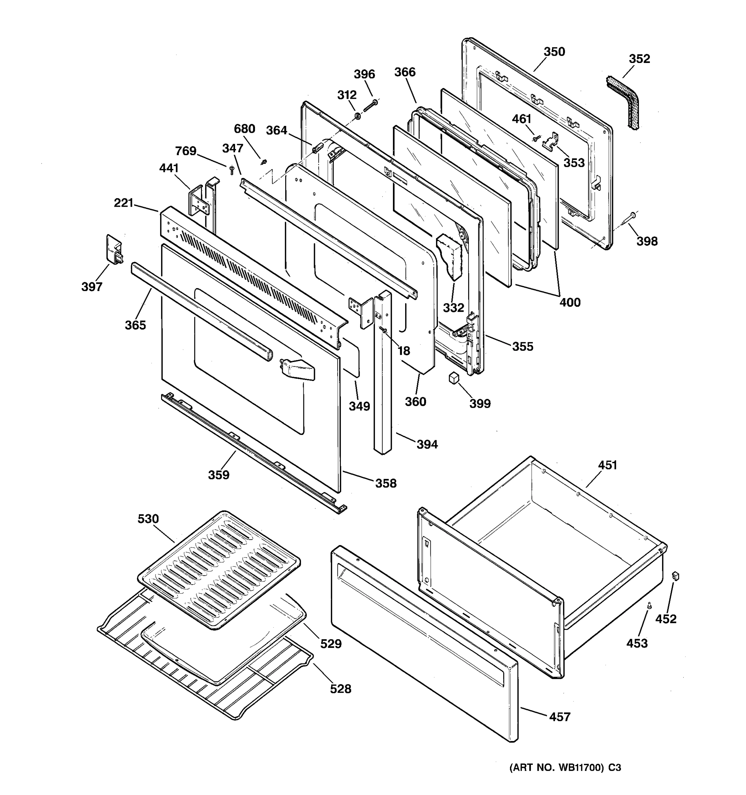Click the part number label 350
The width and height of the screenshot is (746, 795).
coord(554,52)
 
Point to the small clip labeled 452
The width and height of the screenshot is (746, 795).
coord(676,576)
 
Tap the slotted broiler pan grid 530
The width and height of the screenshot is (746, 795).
coord(218,570)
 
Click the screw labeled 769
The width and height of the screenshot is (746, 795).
coord(231,170)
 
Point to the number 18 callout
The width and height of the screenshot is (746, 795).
coord(404,351)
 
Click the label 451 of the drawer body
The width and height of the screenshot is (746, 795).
coord(607,465)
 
